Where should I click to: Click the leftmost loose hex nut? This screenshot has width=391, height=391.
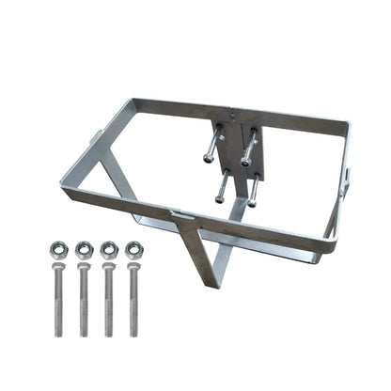58,250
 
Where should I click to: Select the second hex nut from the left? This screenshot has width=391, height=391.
84,250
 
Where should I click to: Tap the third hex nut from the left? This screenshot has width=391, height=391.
109,250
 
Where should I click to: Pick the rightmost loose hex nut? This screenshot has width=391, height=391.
134,250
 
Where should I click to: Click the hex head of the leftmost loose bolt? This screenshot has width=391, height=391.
58,272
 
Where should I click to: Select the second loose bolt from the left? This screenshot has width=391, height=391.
85,301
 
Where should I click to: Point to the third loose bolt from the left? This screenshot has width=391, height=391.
110,301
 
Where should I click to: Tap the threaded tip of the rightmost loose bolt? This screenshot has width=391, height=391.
136,332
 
